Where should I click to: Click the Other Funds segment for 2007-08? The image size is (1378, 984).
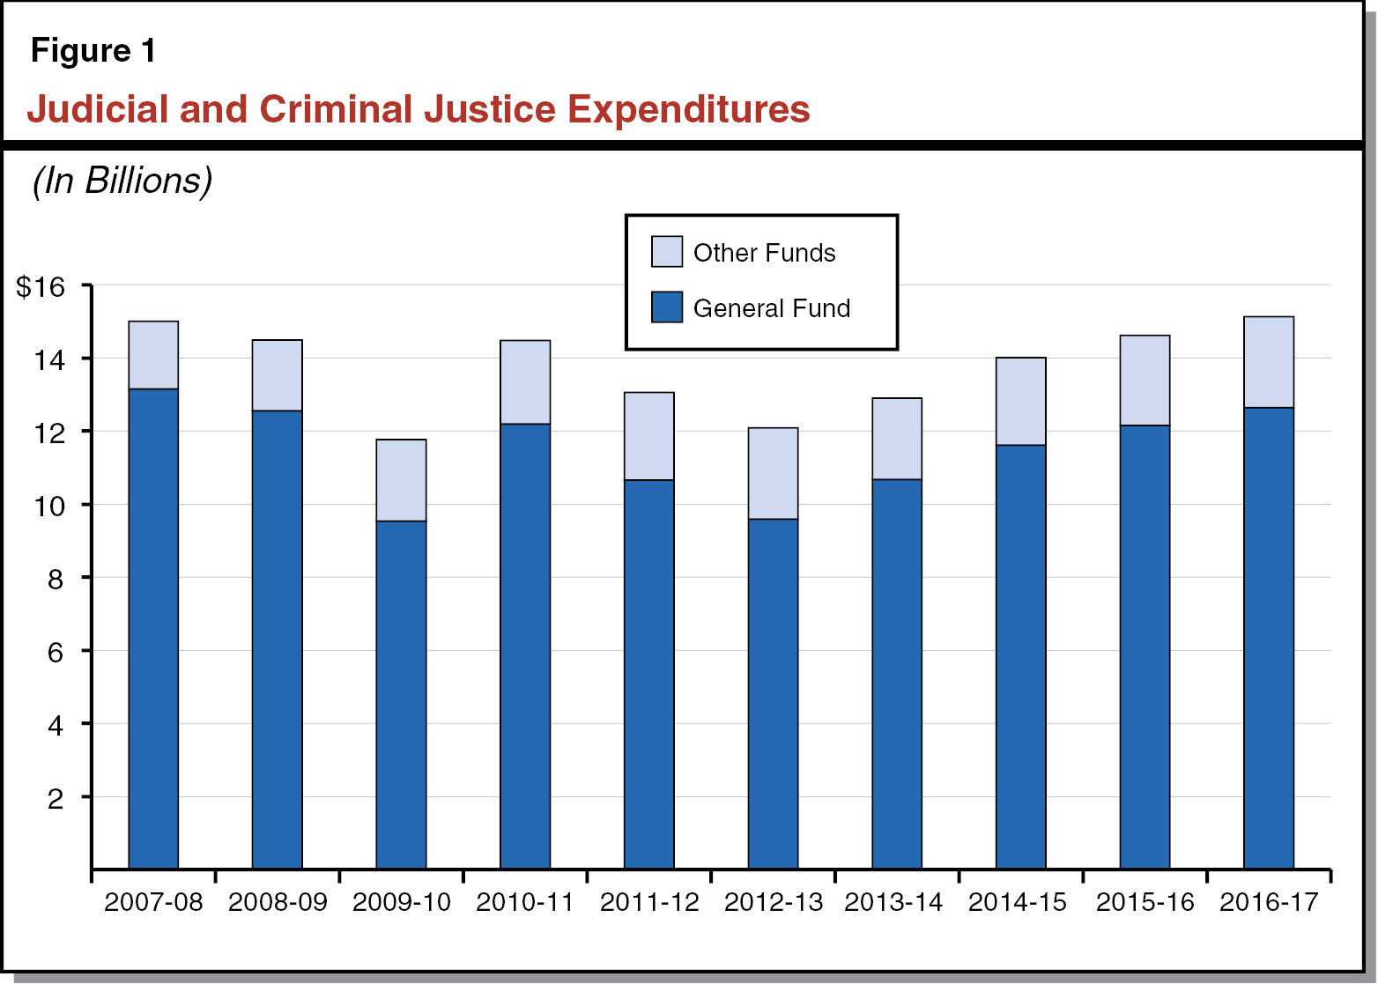[x=153, y=355]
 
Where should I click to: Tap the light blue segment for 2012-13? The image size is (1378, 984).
[x=773, y=473]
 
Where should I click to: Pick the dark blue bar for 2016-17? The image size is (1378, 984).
[x=1269, y=638]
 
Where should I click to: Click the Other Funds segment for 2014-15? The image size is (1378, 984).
[x=1020, y=401]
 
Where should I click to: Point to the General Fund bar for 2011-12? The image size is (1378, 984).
[x=649, y=674]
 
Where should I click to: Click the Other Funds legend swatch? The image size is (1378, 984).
[x=667, y=252]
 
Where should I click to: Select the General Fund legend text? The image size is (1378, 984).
[x=772, y=308]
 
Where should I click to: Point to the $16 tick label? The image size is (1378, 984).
[x=41, y=286]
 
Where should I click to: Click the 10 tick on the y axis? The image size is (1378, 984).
[x=50, y=506]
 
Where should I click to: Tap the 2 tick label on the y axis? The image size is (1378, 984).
[x=56, y=799]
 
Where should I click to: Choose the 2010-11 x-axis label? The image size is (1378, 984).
[x=525, y=902]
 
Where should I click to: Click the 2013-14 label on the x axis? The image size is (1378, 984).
[x=893, y=902]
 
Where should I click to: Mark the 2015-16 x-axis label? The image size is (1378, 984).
[x=1145, y=902]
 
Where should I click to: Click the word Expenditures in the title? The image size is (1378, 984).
[x=688, y=109]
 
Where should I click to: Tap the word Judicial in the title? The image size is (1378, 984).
[x=97, y=109]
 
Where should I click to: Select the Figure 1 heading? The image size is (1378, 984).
[x=93, y=50]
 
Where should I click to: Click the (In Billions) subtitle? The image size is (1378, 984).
[x=122, y=181]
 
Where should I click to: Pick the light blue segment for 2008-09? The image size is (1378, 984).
[x=278, y=375]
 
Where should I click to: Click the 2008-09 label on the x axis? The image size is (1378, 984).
[x=278, y=902]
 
